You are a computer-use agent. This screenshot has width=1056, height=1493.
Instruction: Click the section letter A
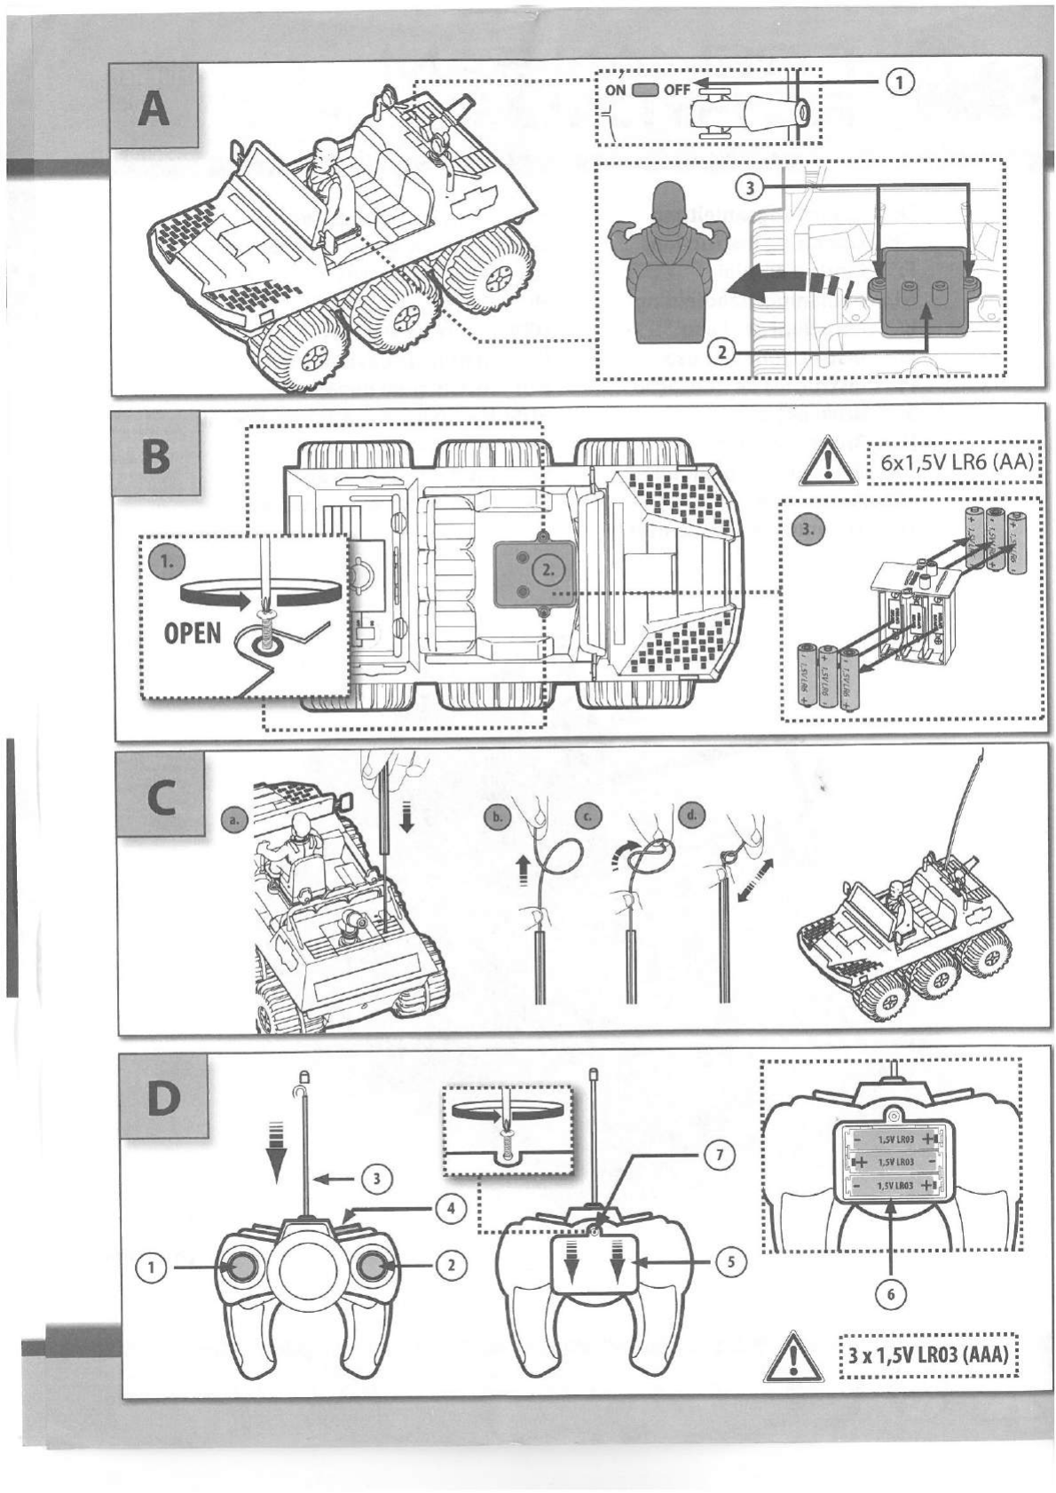click(x=154, y=110)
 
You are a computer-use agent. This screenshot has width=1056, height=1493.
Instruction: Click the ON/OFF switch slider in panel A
click(x=645, y=90)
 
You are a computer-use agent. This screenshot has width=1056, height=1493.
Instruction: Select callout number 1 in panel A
click(x=898, y=83)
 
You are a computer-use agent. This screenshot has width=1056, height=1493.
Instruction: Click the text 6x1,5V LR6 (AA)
click(x=954, y=463)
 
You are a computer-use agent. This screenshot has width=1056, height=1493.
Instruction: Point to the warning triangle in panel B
click(x=825, y=462)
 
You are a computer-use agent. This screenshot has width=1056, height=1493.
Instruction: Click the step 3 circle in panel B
click(x=805, y=530)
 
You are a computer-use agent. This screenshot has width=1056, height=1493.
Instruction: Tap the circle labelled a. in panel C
click(x=232, y=821)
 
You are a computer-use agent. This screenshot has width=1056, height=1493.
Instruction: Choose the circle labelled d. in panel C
click(x=691, y=813)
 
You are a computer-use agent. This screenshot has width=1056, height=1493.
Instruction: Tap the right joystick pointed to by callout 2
click(x=372, y=1267)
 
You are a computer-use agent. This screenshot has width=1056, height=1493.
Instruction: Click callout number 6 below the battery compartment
click(x=891, y=1293)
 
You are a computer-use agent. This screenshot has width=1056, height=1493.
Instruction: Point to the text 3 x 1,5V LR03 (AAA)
click(x=928, y=1355)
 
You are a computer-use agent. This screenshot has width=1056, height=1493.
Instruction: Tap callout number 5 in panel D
click(x=729, y=1261)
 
